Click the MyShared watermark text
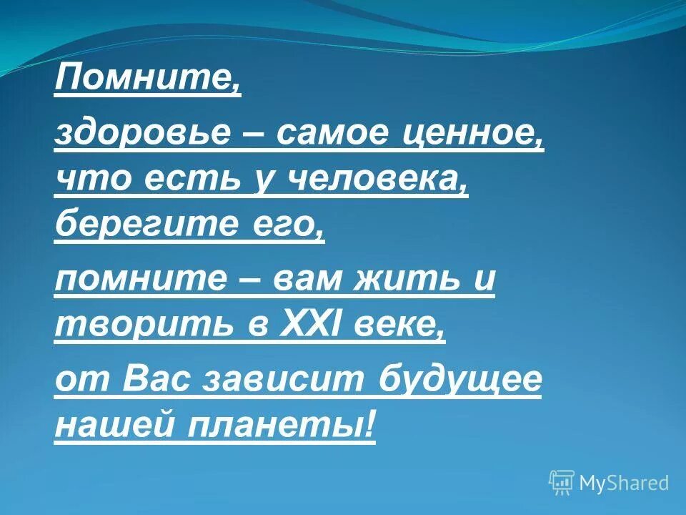(624, 483)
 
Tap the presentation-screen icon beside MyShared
(562, 483)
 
